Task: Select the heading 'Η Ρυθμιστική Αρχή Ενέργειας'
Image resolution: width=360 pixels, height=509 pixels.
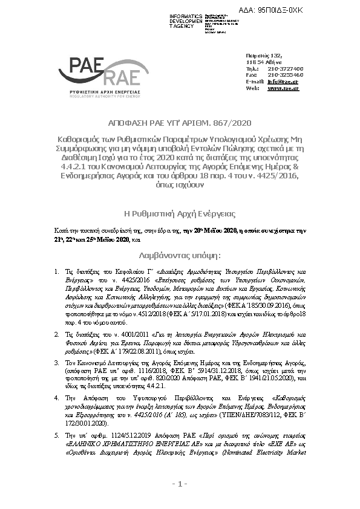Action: click(x=180, y=214)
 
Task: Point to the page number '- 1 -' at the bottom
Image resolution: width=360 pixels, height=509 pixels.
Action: click(x=180, y=484)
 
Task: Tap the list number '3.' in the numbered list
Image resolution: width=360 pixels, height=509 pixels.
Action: click(x=56, y=360)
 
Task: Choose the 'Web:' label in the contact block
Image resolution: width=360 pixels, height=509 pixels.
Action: click(x=252, y=88)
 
